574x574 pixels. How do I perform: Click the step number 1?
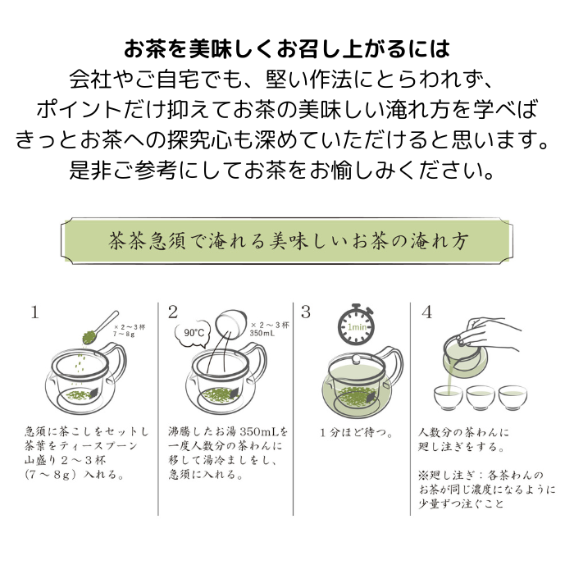(34, 312)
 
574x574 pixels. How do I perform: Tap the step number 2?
(173, 312)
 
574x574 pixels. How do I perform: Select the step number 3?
(306, 312)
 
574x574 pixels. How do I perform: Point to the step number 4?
(427, 312)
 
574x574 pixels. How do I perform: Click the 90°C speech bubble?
(194, 333)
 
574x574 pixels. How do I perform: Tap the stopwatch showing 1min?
(356, 325)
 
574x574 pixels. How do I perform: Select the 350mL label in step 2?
(262, 333)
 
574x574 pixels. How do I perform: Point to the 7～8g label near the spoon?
(124, 334)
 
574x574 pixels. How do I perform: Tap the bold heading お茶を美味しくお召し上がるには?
(287, 49)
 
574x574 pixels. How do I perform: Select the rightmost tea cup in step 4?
(512, 397)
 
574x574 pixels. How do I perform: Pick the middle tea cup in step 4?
(481, 397)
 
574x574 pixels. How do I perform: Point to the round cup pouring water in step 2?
(230, 324)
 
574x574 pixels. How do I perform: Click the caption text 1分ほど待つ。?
(356, 433)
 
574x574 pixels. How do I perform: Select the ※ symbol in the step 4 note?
(424, 476)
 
